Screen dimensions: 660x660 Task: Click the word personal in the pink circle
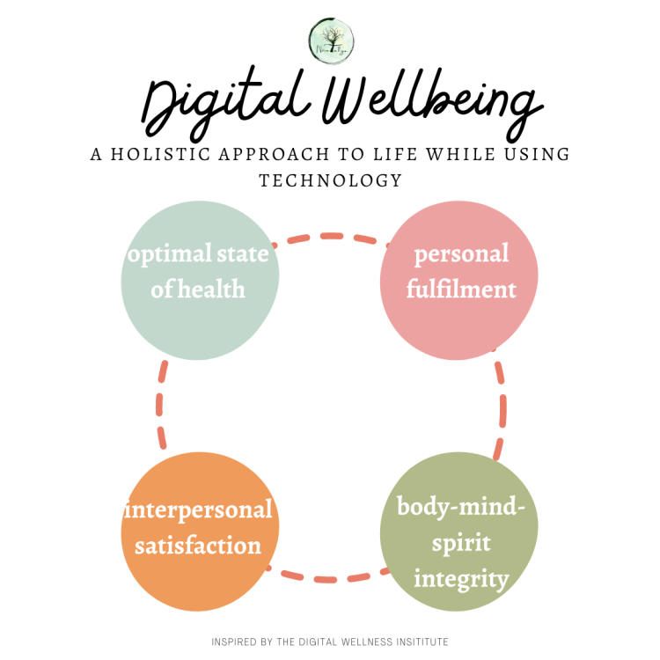[x=461, y=254]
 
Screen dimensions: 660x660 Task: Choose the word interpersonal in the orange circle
[x=199, y=510]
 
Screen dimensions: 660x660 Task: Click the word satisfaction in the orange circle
[x=199, y=545]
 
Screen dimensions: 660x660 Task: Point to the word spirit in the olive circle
[x=458, y=543]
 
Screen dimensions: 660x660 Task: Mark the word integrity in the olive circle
[x=460, y=579]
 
